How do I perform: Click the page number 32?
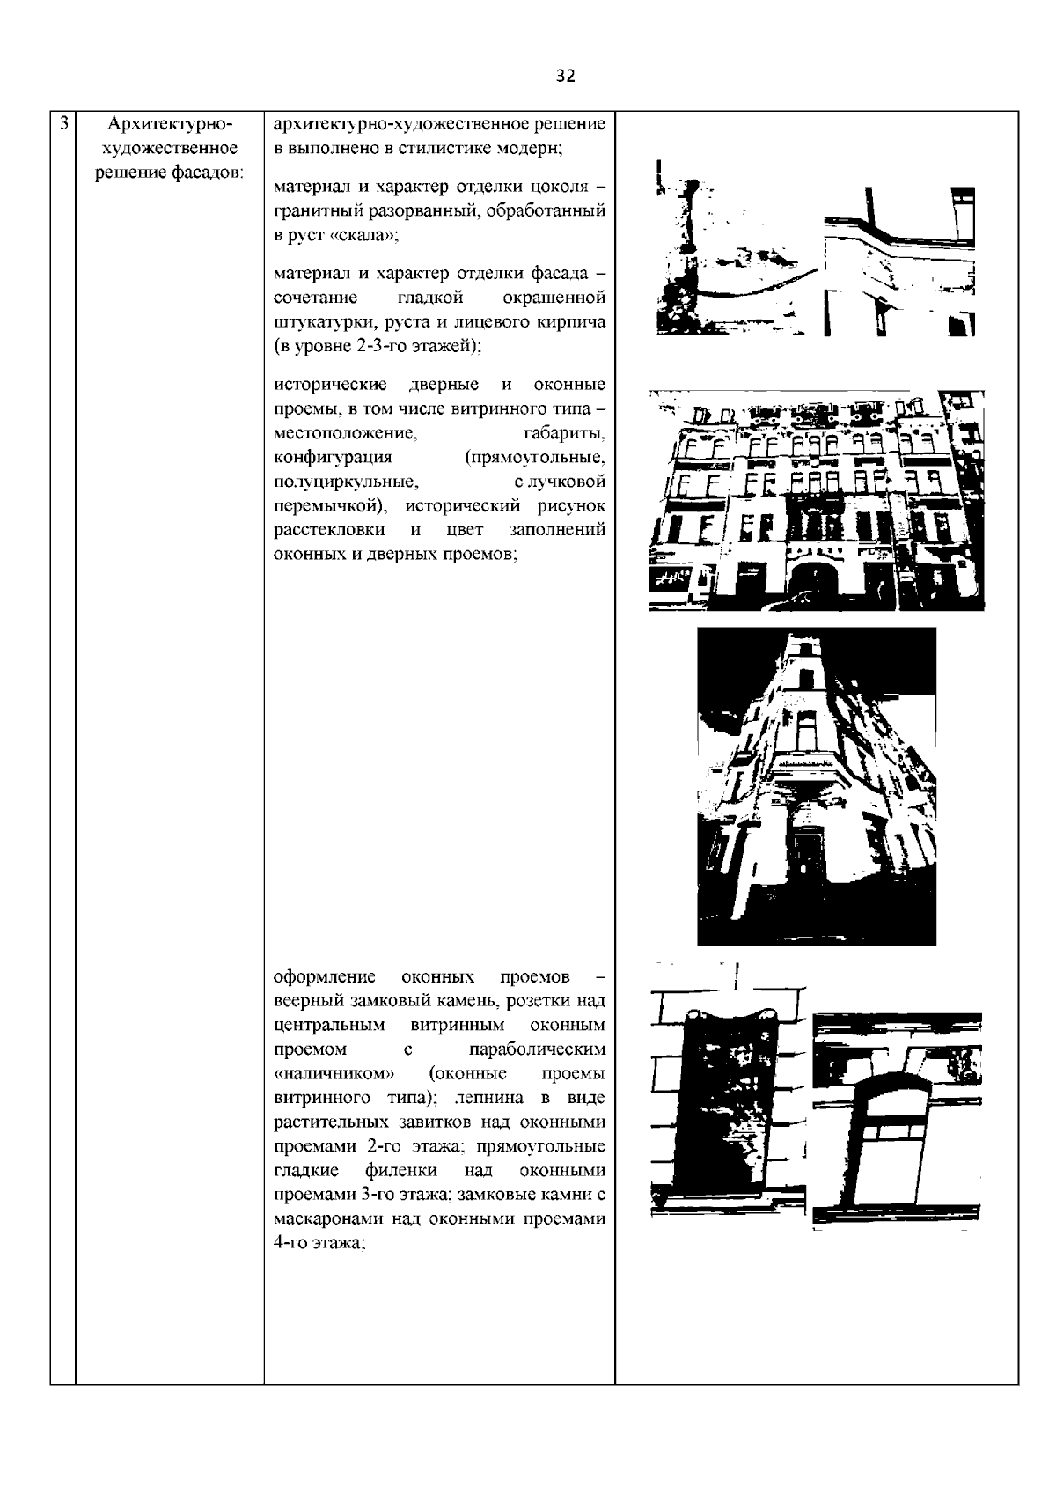point(565,77)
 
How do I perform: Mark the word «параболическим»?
point(538,1049)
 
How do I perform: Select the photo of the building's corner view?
point(816,785)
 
